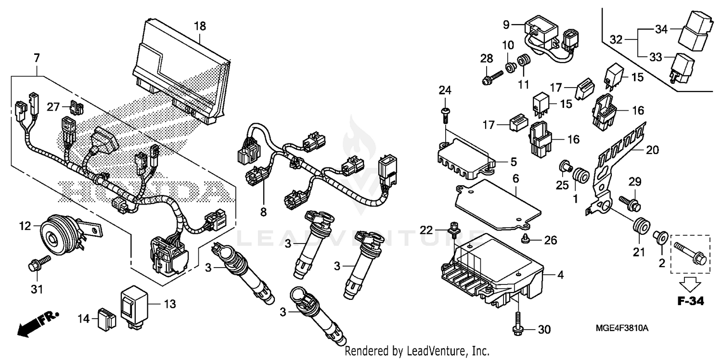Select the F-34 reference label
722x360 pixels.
pyautogui.click(x=690, y=302)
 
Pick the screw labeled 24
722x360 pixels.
pyautogui.click(x=446, y=114)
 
